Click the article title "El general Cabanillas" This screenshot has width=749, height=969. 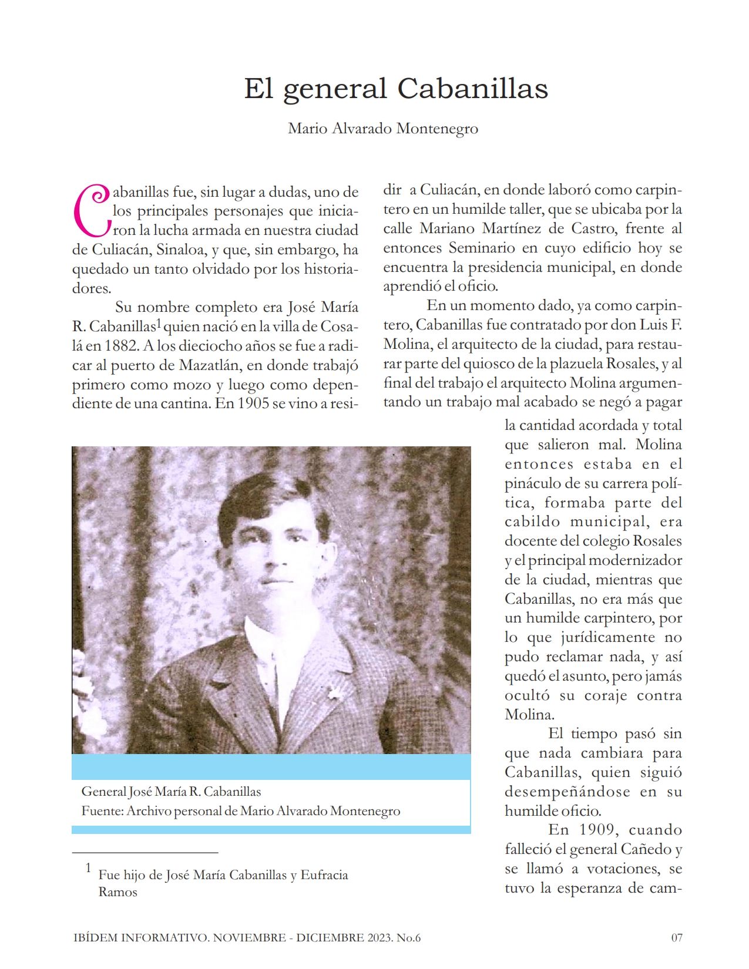tap(396, 89)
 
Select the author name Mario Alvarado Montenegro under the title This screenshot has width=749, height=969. tap(383, 128)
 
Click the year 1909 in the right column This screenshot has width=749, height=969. tap(598, 830)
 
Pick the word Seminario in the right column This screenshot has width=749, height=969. tap(482, 248)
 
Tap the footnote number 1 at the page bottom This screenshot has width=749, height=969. tap(89, 867)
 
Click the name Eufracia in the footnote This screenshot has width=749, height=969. tap(324, 874)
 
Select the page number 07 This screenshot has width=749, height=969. tap(677, 937)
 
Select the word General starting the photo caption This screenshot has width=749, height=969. tap(103, 792)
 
